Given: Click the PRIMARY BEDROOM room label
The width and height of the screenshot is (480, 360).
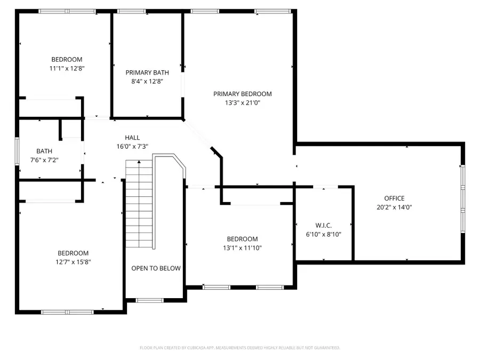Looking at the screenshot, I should point(242,94).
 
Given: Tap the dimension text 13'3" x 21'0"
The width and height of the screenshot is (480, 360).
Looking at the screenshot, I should point(242,103).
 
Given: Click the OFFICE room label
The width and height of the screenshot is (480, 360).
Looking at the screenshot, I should point(394,198).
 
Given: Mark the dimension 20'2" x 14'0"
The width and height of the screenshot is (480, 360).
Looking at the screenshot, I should point(394,207).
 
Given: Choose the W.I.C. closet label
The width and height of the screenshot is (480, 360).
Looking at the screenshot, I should point(323,225).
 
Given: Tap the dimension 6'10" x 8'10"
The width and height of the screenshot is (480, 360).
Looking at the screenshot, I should point(323,234).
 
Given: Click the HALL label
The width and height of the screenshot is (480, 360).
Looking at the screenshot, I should point(132,138).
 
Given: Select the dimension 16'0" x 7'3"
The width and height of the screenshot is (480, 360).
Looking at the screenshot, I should point(132,147).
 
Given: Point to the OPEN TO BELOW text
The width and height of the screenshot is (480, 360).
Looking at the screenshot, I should point(156,268).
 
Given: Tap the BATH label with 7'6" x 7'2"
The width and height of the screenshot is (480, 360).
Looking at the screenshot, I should point(44,151).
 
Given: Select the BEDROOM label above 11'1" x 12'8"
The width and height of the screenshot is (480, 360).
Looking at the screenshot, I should point(67,59).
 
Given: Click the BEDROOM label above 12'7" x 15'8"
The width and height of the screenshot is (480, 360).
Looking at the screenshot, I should point(73,253).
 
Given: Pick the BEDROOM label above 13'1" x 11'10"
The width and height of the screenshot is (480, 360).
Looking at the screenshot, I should point(242,239).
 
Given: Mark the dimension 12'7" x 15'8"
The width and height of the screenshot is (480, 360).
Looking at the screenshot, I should point(73,262).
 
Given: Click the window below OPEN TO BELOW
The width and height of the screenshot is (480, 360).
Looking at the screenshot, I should point(150,300).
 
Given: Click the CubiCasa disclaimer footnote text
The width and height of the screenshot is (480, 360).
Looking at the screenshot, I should point(239,348).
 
